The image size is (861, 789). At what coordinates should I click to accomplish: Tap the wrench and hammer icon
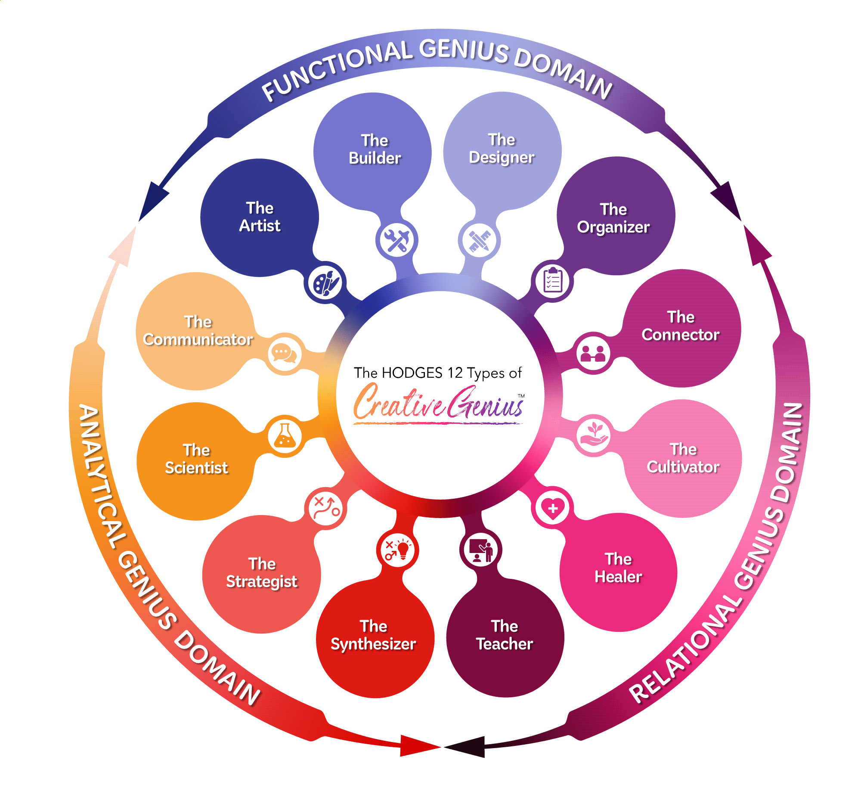pos(396,240)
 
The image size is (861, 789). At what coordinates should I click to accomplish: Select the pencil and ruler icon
pos(479,240)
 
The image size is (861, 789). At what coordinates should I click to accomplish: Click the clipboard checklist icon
pos(553,280)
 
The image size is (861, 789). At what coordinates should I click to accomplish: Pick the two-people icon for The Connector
pos(593,353)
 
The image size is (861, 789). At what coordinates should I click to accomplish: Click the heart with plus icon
pos(553,509)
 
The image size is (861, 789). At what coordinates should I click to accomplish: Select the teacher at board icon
pos(481,550)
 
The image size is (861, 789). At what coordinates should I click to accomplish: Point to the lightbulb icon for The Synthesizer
pos(398,550)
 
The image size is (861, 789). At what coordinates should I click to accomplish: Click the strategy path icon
pos(326,509)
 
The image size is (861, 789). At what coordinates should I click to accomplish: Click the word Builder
pos(375,158)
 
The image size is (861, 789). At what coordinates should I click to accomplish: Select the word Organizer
pos(613,227)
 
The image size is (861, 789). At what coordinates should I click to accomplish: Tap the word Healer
pos(618,577)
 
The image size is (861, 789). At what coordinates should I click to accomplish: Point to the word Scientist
pos(196,468)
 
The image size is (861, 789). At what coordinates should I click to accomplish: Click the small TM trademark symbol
pos(521,395)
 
